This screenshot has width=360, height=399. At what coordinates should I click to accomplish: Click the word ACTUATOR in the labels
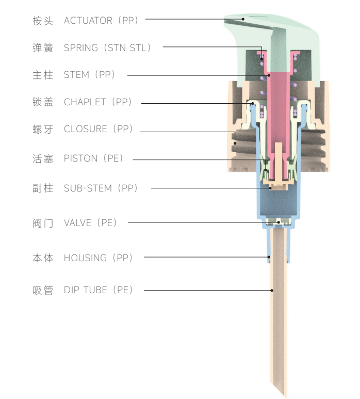pyautogui.click(x=88, y=21)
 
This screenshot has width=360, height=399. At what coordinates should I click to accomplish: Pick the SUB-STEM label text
pyautogui.click(x=88, y=188)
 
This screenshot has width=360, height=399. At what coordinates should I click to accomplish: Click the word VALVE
pyautogui.click(x=77, y=223)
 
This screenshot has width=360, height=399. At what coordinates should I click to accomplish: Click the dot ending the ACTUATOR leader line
pyautogui.click(x=243, y=20)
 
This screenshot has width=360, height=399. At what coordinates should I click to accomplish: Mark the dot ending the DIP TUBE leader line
pyautogui.click(x=273, y=291)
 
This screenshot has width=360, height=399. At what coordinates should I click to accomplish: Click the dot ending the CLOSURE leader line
pyautogui.click(x=235, y=143)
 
